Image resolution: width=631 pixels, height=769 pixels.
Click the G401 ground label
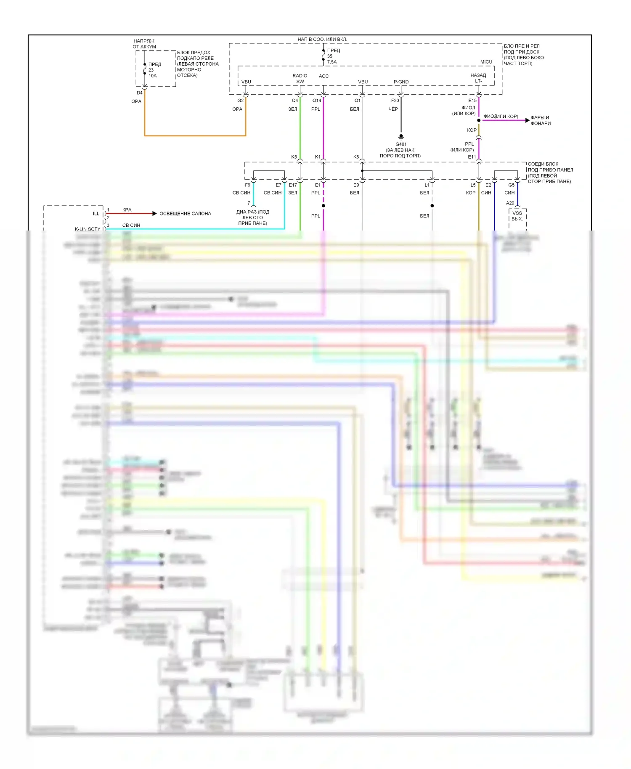pyautogui.click(x=400, y=144)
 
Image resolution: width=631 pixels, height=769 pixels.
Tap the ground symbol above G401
pyautogui.click(x=401, y=137)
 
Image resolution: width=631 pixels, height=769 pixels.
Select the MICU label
pyautogui.click(x=486, y=62)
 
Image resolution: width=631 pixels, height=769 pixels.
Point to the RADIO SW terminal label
pyautogui.click(x=300, y=79)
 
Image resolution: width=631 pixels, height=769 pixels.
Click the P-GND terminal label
pyautogui.click(x=401, y=82)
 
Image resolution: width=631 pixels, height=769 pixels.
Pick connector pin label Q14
pyautogui.click(x=317, y=101)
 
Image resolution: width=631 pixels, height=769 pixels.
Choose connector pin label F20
pyautogui.click(x=395, y=101)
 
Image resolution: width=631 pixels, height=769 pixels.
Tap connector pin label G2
pyautogui.click(x=240, y=101)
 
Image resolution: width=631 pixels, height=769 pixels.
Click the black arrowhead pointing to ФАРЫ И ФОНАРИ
pyautogui.click(x=528, y=120)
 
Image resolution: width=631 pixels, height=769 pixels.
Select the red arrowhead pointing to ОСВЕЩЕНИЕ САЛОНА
pyautogui.click(x=154, y=214)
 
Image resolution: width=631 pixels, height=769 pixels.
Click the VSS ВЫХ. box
pyautogui.click(x=517, y=216)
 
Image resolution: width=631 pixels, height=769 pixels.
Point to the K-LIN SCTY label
pyautogui.click(x=87, y=229)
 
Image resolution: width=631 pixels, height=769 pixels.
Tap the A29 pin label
pyautogui.click(x=510, y=203)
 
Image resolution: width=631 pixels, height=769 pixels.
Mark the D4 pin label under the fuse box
pyautogui.click(x=139, y=93)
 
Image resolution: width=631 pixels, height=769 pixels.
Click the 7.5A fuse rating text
pyautogui.click(x=332, y=62)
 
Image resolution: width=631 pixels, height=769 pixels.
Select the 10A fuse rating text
pyautogui.click(x=152, y=76)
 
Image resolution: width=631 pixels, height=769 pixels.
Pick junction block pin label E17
pyautogui.click(x=293, y=185)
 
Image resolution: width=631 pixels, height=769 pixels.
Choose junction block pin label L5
pyautogui.click(x=473, y=185)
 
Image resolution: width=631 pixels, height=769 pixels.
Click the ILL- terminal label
pyautogui.click(x=97, y=214)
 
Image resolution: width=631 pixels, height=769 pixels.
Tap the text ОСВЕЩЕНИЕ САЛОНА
pyautogui.click(x=185, y=214)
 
